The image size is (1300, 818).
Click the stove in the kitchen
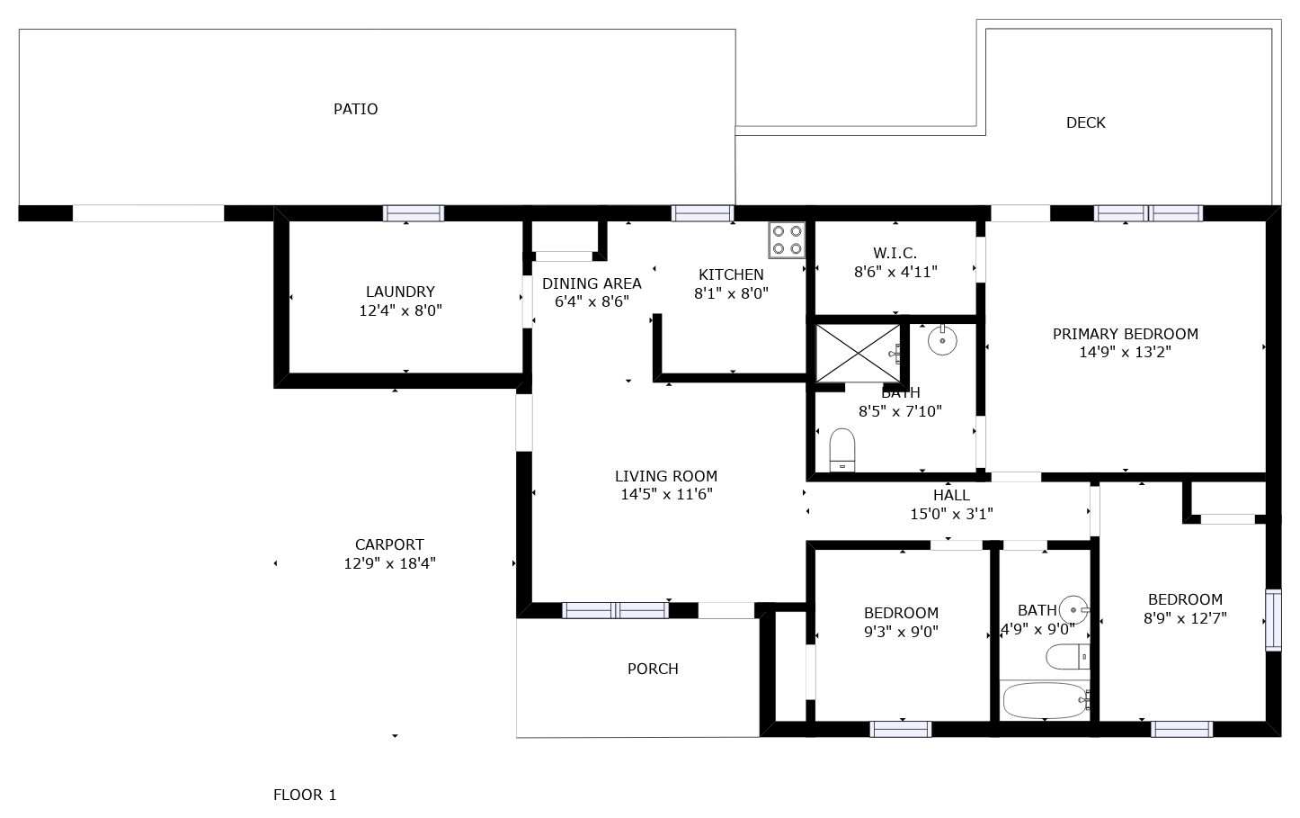click(787, 240)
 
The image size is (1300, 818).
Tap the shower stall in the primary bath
click(858, 354)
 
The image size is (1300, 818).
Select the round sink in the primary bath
click(942, 340)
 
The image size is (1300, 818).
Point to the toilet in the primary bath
click(842, 450)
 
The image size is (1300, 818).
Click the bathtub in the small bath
click(1044, 701)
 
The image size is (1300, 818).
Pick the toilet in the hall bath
click(1068, 657)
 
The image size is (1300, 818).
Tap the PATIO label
click(355, 109)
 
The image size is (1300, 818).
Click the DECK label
click(1086, 122)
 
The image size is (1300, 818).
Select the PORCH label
click(653, 669)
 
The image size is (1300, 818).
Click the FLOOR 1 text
click(305, 795)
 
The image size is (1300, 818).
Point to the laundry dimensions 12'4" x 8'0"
click(400, 310)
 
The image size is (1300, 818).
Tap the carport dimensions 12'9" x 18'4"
click(389, 563)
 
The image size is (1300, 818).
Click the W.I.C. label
click(895, 253)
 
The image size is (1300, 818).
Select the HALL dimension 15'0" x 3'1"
click(952, 514)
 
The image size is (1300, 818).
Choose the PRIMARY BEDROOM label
click(1126, 334)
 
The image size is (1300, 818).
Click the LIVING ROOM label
click(666, 476)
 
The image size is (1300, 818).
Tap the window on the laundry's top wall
click(414, 213)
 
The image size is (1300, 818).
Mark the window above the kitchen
click(702, 213)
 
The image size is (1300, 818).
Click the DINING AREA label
click(592, 283)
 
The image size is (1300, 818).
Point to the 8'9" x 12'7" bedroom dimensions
click(1185, 618)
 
